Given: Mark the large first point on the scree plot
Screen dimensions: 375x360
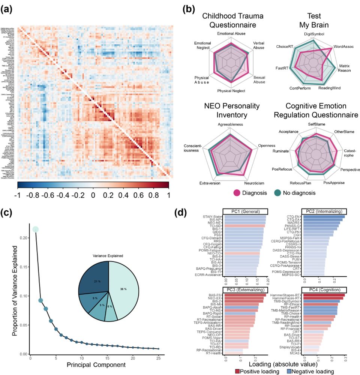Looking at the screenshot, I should tap(35, 229).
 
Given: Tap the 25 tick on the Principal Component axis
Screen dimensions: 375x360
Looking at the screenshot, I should tap(158, 360).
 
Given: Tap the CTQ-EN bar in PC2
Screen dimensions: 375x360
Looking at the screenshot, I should tap(324, 216).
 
